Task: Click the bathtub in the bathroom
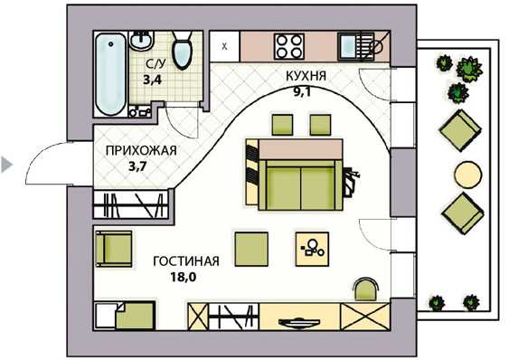[x=110, y=74]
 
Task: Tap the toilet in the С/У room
[x=182, y=50]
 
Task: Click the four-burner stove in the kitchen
[x=289, y=46]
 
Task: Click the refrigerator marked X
[x=224, y=46]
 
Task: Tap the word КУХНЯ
[x=306, y=76]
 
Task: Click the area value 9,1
[x=302, y=92]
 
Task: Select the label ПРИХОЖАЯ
[x=142, y=150]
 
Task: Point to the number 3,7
[x=138, y=166]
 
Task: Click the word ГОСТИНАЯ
[x=186, y=261]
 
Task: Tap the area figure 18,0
[x=184, y=277]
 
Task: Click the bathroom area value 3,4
[x=153, y=80]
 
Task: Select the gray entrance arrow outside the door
[x=6, y=165]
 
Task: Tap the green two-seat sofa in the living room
[x=300, y=185]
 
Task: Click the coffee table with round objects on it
[x=312, y=249]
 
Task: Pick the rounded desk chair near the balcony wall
[x=366, y=289]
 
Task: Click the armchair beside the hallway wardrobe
[x=114, y=249]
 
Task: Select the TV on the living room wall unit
[x=299, y=323]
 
